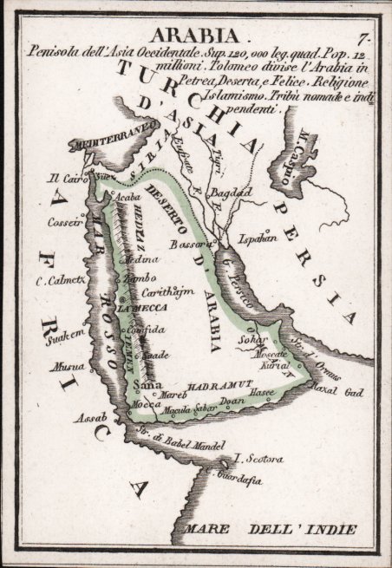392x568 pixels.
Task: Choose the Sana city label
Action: coord(144,384)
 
